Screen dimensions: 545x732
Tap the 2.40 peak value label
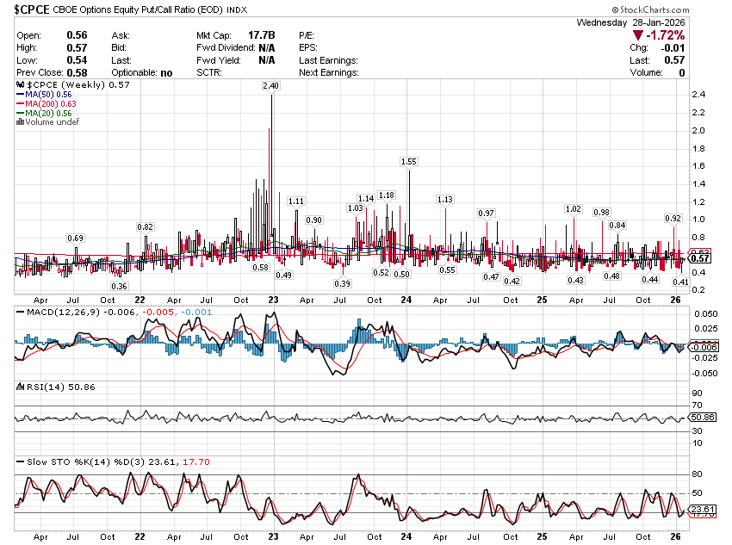pos(271,86)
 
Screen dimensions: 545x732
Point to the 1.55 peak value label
pos(409,162)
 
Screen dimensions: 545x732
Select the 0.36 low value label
pos(120,286)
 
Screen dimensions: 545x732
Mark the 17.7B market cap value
pos(261,35)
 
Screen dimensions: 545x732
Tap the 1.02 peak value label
pos(574,209)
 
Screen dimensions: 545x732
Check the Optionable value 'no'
pos(166,73)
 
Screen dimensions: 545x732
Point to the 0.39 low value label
pos(343,284)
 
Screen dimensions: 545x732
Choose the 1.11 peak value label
pos(296,201)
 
